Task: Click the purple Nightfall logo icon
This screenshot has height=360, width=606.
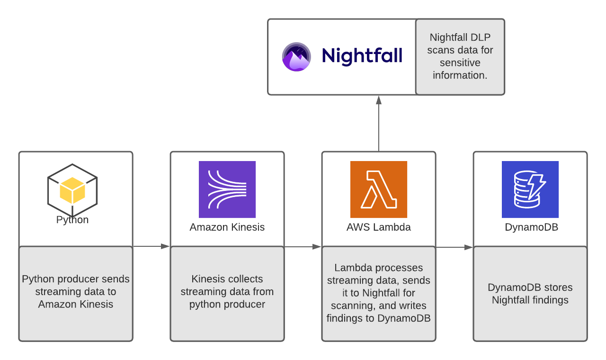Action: (x=296, y=56)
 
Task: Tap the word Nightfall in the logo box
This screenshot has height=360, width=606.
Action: (x=362, y=56)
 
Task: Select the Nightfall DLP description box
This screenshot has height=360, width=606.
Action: (x=460, y=57)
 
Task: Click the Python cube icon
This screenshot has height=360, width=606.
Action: (x=72, y=190)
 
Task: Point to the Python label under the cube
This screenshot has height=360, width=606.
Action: (x=72, y=220)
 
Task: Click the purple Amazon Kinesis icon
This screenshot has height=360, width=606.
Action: (x=227, y=189)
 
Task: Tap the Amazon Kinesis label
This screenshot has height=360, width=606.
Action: (x=227, y=227)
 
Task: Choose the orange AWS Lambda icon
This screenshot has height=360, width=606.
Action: (x=379, y=189)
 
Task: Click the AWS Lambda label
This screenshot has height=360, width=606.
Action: (x=379, y=227)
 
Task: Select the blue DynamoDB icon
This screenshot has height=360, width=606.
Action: (x=530, y=189)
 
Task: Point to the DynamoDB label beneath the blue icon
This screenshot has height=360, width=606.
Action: (x=531, y=227)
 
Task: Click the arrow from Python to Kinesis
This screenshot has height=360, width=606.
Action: (x=151, y=246)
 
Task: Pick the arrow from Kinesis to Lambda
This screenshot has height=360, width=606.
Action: (x=303, y=247)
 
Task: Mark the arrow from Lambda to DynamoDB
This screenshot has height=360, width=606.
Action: (x=454, y=247)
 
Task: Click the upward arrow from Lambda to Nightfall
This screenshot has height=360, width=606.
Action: (x=378, y=123)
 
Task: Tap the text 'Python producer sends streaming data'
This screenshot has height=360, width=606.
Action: (x=76, y=285)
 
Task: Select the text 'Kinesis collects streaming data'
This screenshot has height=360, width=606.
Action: (x=227, y=285)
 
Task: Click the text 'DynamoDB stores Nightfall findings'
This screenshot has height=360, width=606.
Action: (x=530, y=294)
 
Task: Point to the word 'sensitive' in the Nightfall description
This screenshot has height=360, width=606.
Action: (x=460, y=63)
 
